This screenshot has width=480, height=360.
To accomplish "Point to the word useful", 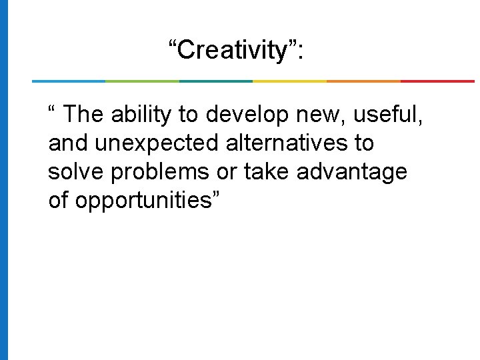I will [x=387, y=115].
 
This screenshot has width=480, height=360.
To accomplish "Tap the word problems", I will [x=160, y=172].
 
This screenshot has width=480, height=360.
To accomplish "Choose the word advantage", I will [x=351, y=172].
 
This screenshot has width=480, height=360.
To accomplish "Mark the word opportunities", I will [x=143, y=201].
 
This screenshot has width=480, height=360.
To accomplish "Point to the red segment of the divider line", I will [x=437, y=81].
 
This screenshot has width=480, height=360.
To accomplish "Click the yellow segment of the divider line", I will [x=289, y=81].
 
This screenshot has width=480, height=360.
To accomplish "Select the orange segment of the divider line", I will [x=363, y=81].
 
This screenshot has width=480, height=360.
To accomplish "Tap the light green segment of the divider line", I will [x=142, y=81].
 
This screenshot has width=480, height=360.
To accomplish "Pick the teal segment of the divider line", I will [x=216, y=81].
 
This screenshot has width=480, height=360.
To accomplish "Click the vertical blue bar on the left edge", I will [x=4, y=180].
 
